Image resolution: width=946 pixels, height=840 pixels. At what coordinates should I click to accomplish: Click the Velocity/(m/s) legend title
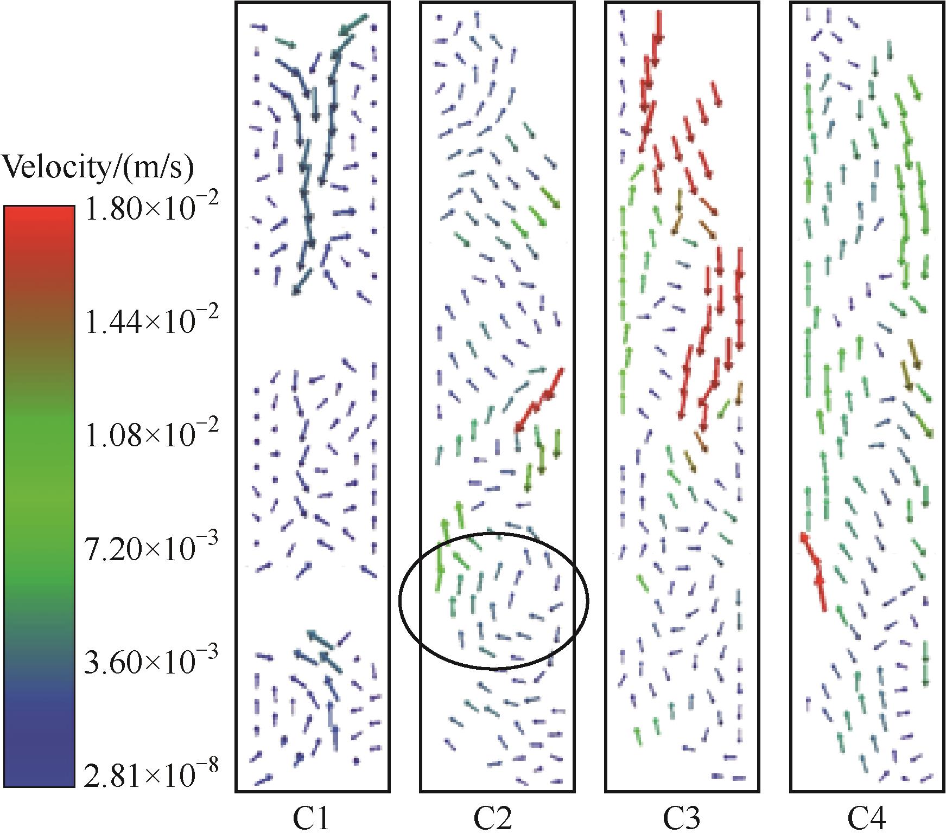point(98,169)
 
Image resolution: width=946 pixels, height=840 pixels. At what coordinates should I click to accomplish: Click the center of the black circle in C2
point(494,601)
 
